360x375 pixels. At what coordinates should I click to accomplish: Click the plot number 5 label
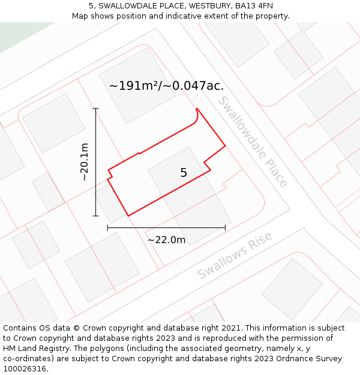click(184, 173)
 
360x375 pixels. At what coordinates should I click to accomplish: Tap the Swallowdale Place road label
click(253, 142)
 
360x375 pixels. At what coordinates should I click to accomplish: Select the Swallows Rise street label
click(235, 255)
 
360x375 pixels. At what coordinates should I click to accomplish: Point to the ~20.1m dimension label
click(84, 161)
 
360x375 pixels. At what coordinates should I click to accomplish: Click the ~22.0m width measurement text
click(166, 240)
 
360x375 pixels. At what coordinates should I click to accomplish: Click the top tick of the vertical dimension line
click(95, 109)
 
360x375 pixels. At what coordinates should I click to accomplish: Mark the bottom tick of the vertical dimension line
click(95, 216)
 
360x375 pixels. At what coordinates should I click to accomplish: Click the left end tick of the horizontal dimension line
click(107, 227)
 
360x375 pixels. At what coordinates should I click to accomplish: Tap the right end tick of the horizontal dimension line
click(225, 227)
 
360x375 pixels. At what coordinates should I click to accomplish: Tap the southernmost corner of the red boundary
click(128, 215)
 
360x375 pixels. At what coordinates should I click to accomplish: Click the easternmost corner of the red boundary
click(225, 145)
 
